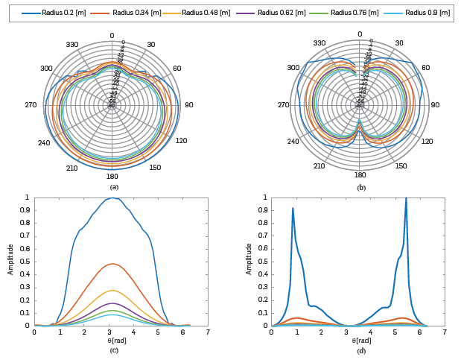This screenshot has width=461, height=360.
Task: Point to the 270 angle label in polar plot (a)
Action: tap(31, 105)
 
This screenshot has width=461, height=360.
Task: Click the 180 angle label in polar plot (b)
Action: tap(360, 176)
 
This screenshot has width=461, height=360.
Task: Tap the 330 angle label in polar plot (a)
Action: tap(71, 45)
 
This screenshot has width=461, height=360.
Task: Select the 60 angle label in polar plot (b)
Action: tap(425, 68)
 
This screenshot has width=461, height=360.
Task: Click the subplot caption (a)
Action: tap(114, 187)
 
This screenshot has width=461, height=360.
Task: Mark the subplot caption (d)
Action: tap(361, 351)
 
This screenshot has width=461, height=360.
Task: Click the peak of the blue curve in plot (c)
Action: tap(112, 198)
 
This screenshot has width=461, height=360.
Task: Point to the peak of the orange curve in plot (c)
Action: tap(112, 264)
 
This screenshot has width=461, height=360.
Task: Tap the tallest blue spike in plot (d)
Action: tap(406, 198)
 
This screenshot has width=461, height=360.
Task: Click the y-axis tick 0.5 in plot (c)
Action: tap(27, 262)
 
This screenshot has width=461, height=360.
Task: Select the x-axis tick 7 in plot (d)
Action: tap(445, 332)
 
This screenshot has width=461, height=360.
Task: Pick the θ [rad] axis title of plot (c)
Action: tap(114, 340)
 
